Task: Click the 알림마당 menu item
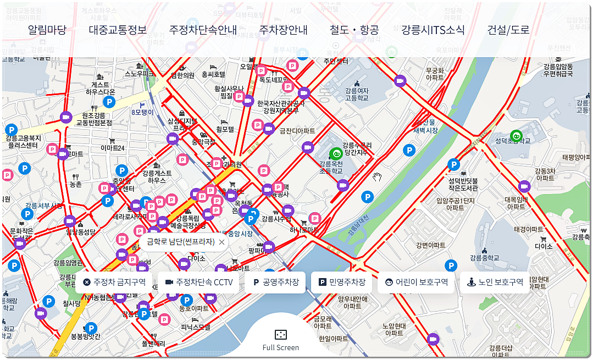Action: [47, 30]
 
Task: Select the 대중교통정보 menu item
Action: [118, 30]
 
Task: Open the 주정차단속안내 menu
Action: [203, 30]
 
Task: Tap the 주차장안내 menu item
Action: [283, 30]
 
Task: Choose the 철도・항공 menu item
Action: [354, 30]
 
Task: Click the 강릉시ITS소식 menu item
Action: [433, 30]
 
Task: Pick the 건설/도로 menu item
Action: [508, 30]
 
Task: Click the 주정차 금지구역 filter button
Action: [114, 283]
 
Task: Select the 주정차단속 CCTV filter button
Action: [199, 283]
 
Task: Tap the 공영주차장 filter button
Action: [275, 283]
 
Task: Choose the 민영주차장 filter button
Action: [341, 283]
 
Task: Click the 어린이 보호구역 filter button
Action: [416, 283]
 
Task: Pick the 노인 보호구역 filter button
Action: [495, 283]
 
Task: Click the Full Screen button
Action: [280, 339]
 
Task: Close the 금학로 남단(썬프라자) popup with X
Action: [221, 242]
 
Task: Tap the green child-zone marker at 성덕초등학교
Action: [516, 136]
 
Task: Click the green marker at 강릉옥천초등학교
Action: [335, 154]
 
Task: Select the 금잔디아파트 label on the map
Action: [297, 131]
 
